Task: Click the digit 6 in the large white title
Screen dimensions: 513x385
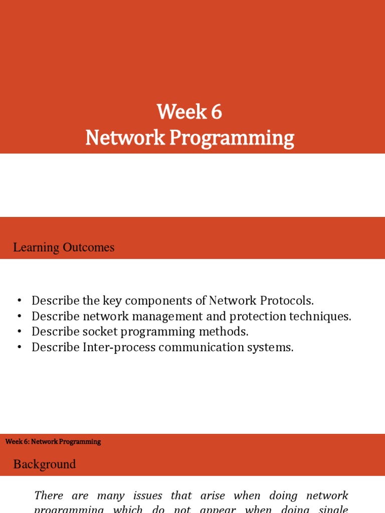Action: point(217,112)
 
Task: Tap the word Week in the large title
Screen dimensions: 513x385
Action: point(182,112)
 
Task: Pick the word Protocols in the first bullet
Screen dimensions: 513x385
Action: point(287,301)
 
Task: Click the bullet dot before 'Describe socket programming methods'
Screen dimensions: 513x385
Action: point(20,332)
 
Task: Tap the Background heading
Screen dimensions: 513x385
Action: point(45,464)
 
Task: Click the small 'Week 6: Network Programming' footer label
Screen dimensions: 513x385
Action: point(53,442)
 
